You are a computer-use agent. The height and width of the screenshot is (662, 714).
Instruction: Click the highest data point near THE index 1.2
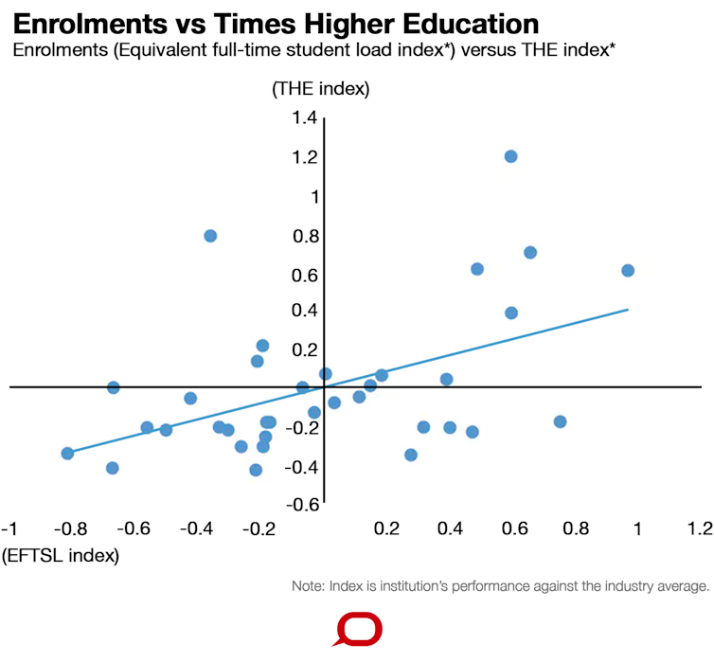[x=510, y=156]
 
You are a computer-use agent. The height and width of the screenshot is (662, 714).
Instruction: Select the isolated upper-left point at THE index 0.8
[x=210, y=236]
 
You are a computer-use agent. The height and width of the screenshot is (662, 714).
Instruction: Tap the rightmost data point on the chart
[x=627, y=271]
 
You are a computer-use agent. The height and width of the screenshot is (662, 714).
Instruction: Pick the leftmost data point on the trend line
[x=67, y=454]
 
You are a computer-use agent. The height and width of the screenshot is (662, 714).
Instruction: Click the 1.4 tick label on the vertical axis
[x=304, y=117]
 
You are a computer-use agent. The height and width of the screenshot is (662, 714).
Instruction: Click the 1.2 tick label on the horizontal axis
[x=699, y=527]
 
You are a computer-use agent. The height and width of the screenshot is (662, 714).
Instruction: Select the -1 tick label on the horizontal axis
[x=10, y=527]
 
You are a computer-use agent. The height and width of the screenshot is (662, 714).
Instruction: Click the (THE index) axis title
[x=320, y=89]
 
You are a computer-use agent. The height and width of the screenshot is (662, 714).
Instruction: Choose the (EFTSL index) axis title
[x=62, y=556]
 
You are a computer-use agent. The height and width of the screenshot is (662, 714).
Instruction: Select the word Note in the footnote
[x=308, y=587]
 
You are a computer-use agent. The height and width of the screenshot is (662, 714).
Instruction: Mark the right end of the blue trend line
[x=628, y=309]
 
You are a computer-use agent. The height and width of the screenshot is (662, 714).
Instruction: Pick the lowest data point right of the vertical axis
[x=411, y=455]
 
